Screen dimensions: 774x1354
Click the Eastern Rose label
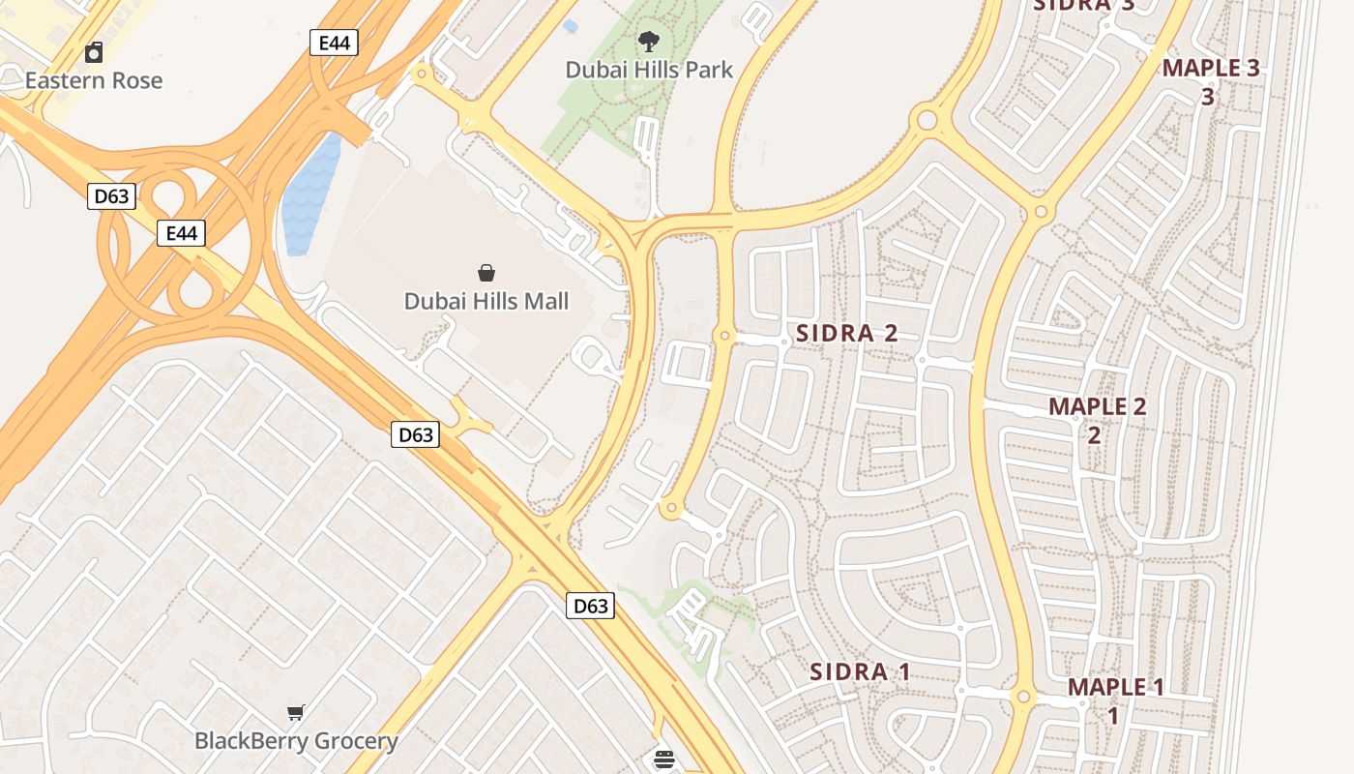coord(94,80)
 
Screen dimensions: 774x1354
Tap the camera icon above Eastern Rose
coord(94,52)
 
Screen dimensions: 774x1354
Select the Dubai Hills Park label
coord(649,70)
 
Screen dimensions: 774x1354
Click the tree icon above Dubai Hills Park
coord(649,42)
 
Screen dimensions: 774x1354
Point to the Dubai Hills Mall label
coord(486,301)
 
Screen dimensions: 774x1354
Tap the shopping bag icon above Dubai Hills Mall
coord(486,274)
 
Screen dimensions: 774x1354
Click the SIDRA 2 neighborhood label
coord(846,334)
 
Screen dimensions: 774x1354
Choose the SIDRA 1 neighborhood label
coord(860,671)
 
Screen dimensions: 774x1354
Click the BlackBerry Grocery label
coord(296,741)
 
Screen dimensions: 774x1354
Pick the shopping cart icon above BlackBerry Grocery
coord(296,713)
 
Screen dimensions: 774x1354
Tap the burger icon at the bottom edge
coord(664,759)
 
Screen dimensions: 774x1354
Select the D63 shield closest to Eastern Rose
coord(111,196)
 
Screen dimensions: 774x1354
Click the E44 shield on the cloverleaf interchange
coord(181,233)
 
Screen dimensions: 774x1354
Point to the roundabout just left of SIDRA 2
coord(724,335)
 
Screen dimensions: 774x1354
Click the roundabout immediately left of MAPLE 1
coord(1023,697)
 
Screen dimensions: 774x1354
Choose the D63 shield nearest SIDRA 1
coord(590,606)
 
